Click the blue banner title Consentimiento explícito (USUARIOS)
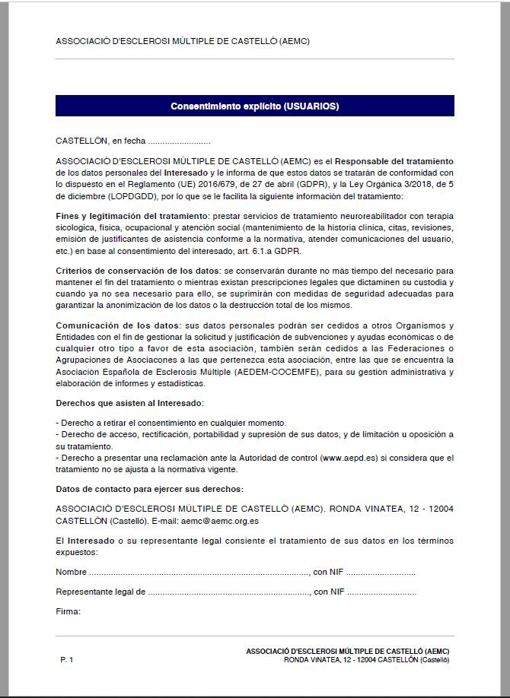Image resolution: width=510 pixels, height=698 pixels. (254, 106)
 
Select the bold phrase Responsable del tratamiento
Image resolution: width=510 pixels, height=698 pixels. (394, 161)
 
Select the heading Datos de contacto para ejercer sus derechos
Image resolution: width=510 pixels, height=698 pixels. (150, 488)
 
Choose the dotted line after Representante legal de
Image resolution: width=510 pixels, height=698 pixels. (228, 591)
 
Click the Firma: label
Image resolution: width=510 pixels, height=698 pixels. (68, 611)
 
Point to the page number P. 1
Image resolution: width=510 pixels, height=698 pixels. (67, 659)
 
